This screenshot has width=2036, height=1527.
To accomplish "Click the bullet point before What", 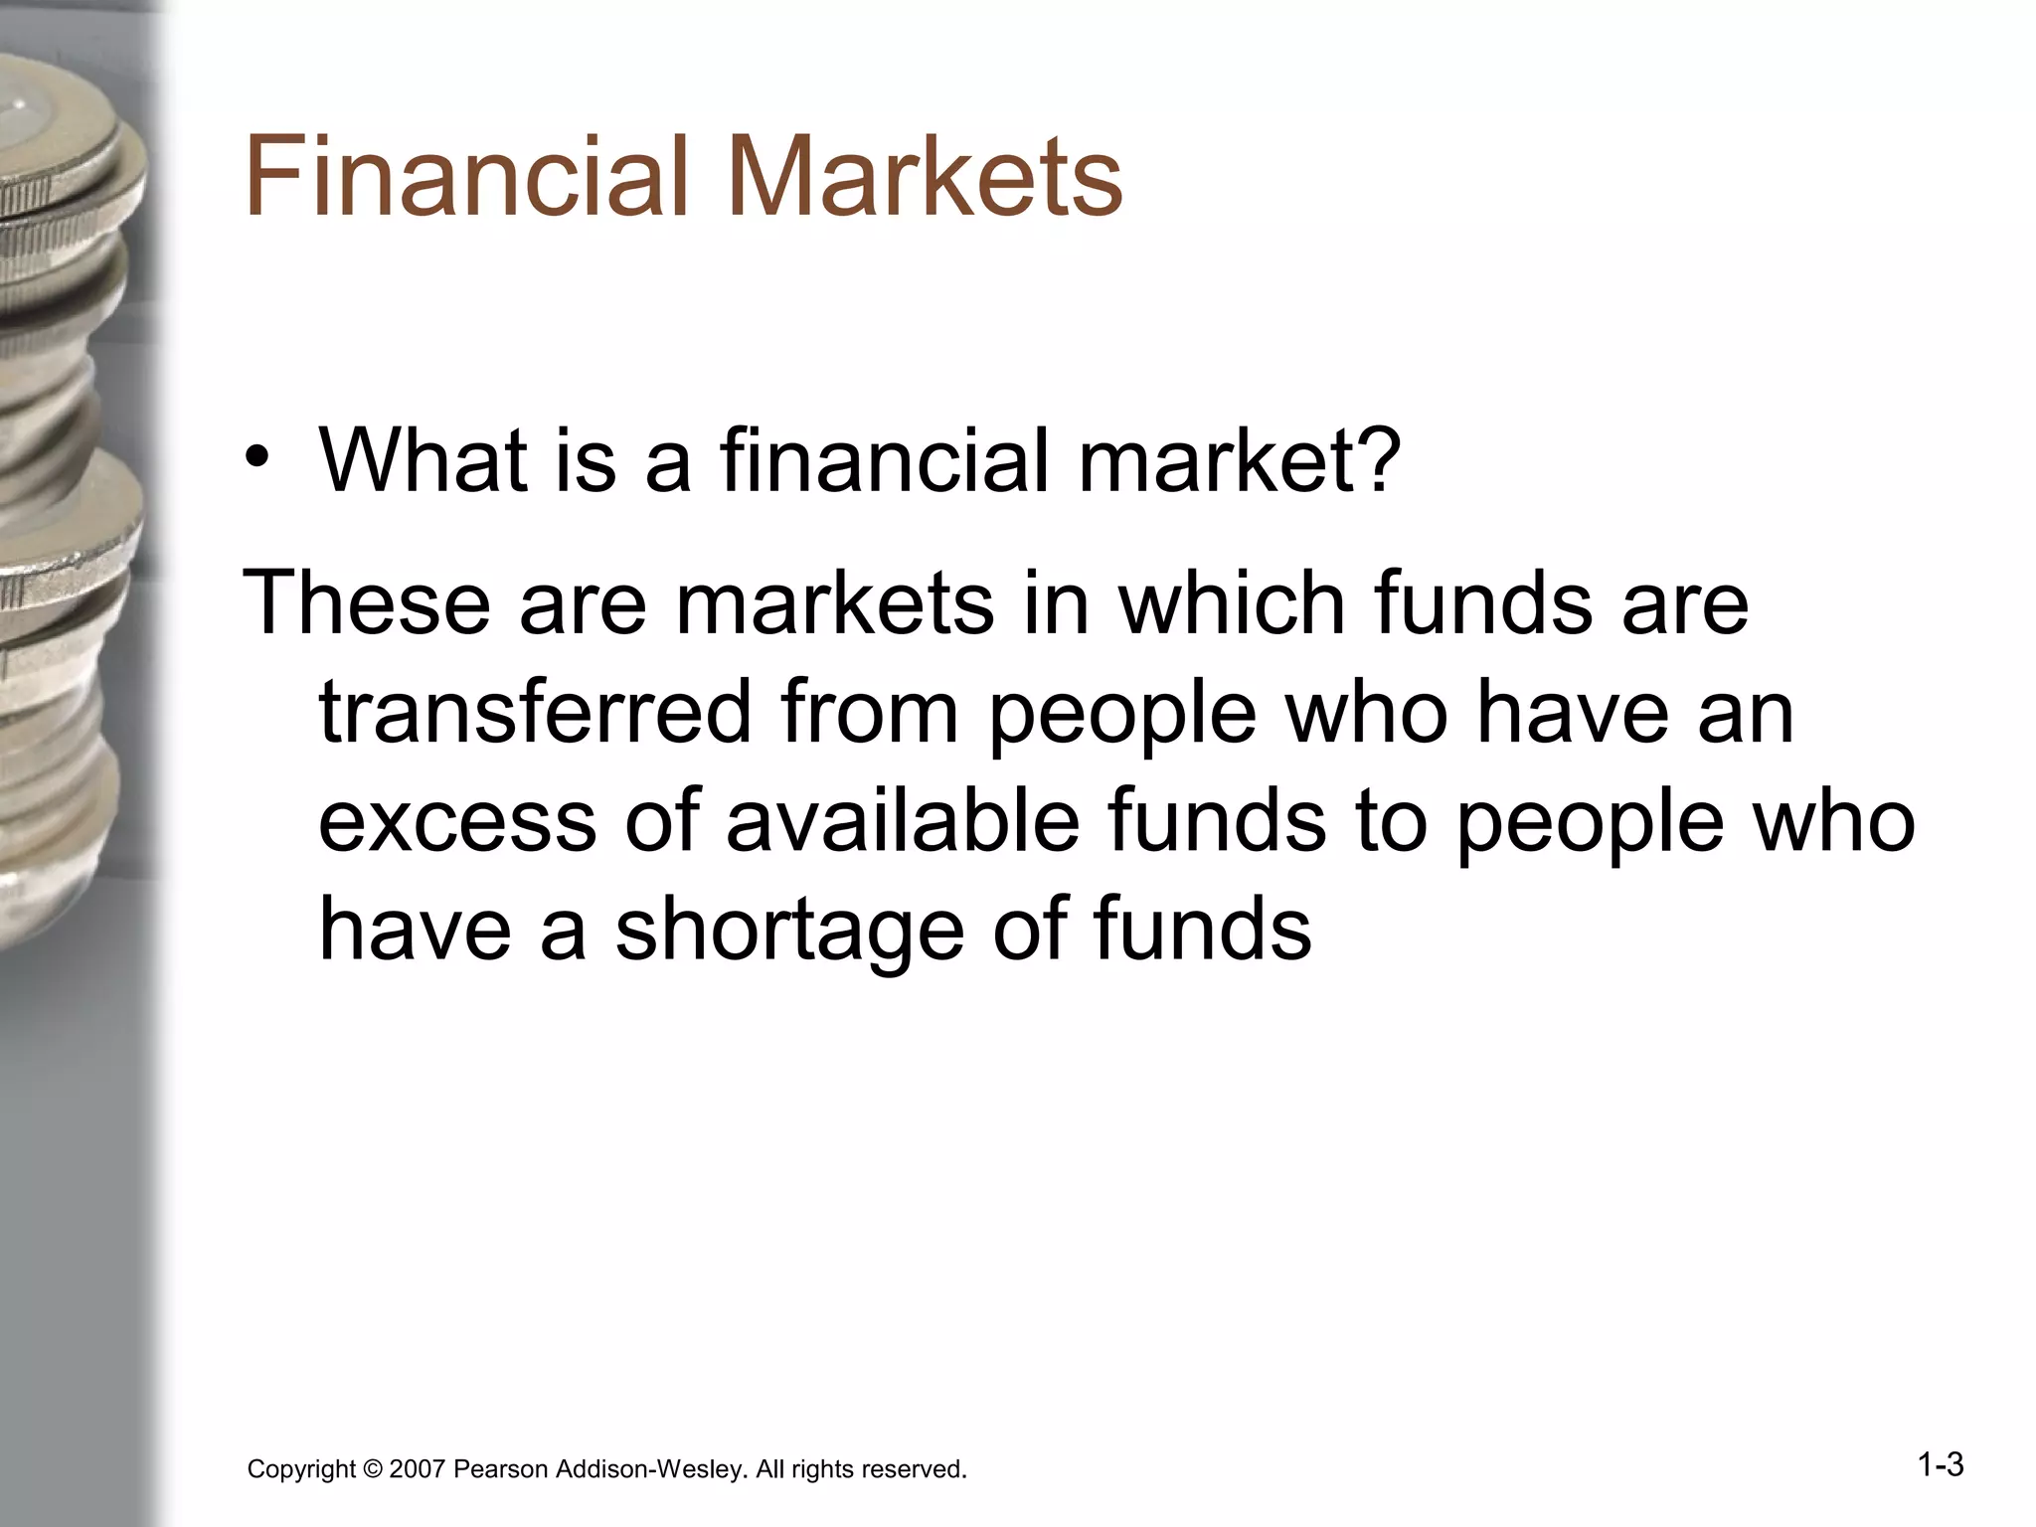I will click(259, 459).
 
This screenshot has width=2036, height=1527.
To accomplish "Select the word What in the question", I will click(424, 459).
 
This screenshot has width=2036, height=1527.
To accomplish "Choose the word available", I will click(902, 821).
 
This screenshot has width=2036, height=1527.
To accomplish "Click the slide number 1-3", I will click(1940, 1464).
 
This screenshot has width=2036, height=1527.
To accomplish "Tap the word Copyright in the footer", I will click(301, 1469).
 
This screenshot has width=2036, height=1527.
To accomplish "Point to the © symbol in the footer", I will click(373, 1469).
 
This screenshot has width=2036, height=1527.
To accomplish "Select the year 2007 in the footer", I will click(417, 1469).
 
